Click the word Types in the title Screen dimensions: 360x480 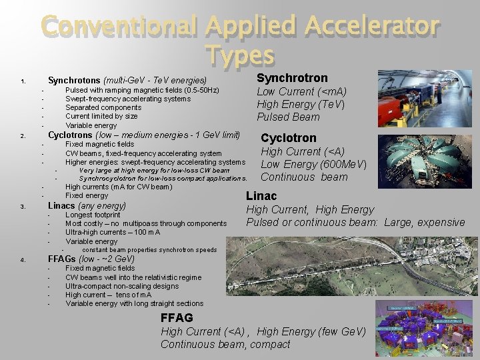pyautogui.click(x=240, y=55)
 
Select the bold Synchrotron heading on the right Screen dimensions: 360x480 pyautogui.click(x=292, y=78)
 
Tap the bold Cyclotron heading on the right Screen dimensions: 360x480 pyautogui.click(x=288, y=138)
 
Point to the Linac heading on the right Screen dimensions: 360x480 pyautogui.click(x=261, y=196)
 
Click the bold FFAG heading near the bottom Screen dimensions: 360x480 pyautogui.click(x=177, y=318)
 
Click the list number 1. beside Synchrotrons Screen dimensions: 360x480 pyautogui.click(x=23, y=82)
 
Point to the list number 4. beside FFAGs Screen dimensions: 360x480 pyautogui.click(x=23, y=260)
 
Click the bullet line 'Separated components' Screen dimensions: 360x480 pyautogui.click(x=103, y=107)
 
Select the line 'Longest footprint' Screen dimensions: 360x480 pyautogui.click(x=93, y=215)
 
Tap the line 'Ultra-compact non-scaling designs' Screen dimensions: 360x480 pyautogui.click(x=122, y=286)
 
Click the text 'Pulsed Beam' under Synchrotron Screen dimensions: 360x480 pyautogui.click(x=288, y=117)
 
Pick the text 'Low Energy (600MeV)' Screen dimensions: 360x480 pyautogui.click(x=313, y=164)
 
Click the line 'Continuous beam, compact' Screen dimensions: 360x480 pyautogui.click(x=225, y=345)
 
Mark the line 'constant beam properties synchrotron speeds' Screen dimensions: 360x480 pyautogui.click(x=149, y=250)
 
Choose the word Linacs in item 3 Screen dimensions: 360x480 pyautogui.click(x=61, y=205)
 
